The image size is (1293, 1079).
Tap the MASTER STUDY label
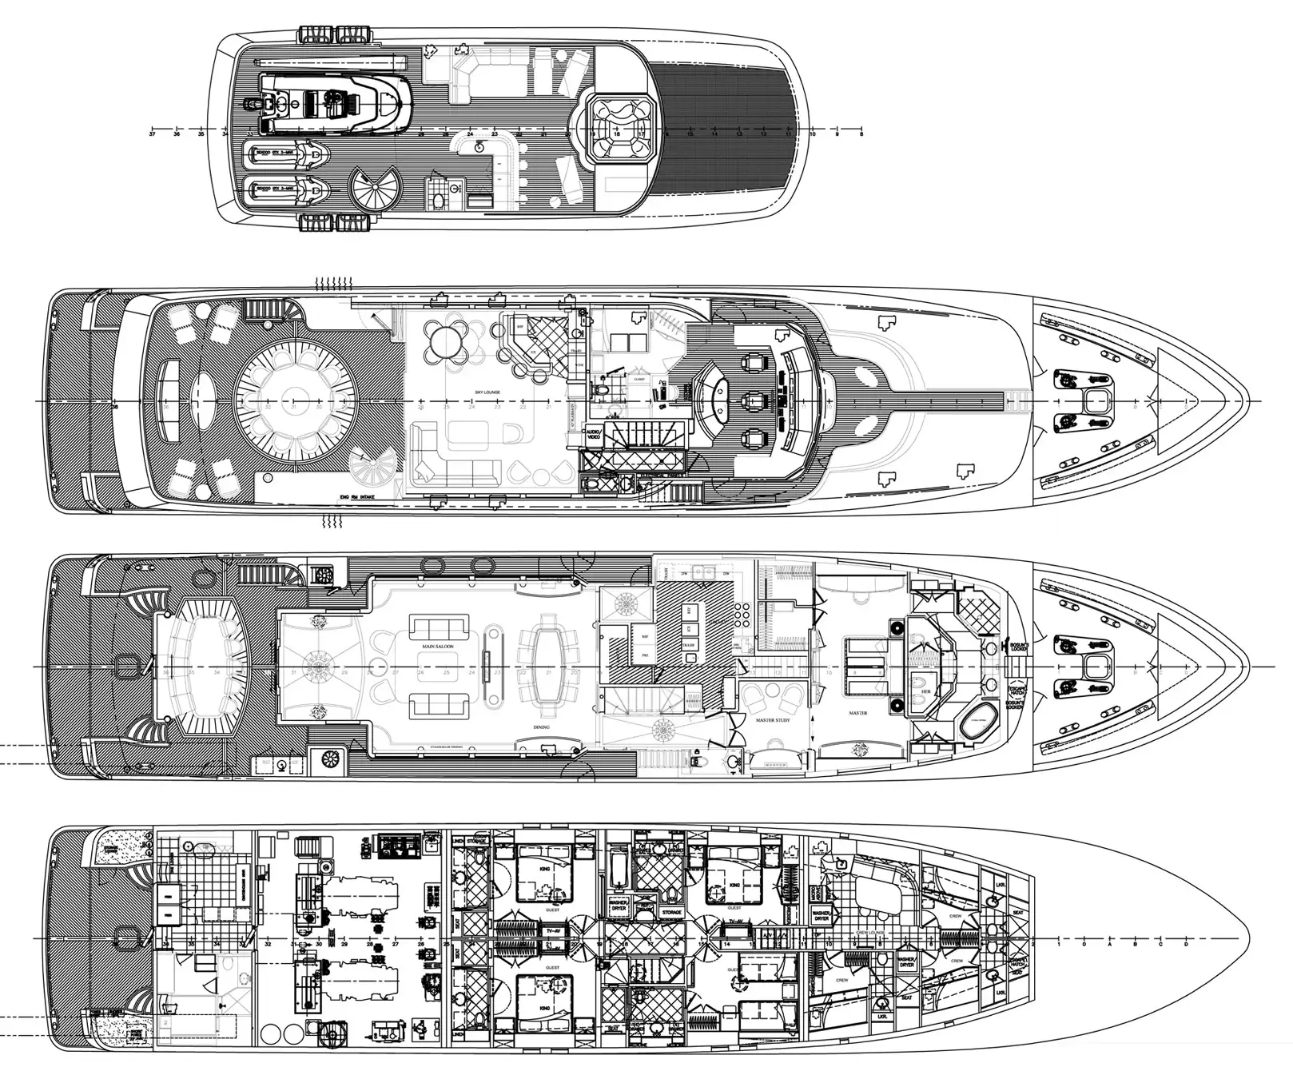[773, 720]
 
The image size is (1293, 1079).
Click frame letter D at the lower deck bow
[1185, 945]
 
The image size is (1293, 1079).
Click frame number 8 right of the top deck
[861, 135]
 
